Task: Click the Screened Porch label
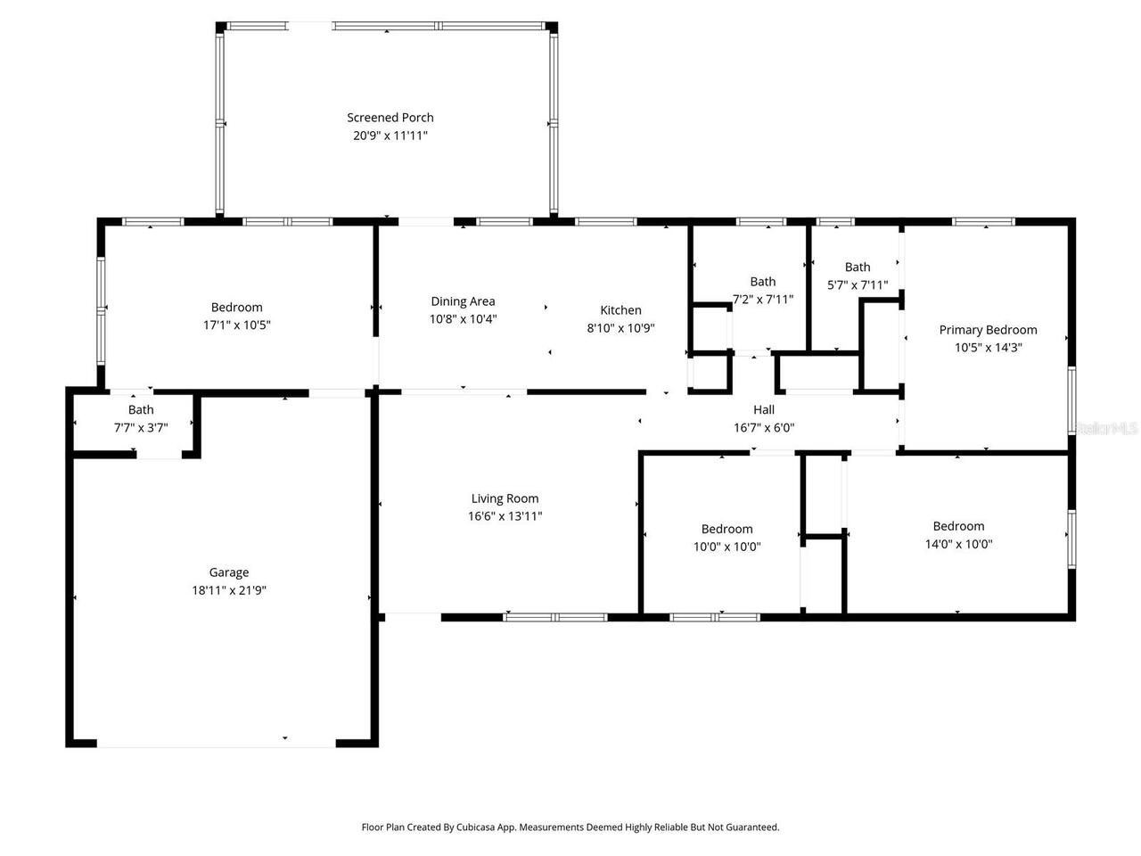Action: (x=390, y=118)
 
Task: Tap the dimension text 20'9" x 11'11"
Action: (x=390, y=136)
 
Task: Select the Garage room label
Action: (x=229, y=572)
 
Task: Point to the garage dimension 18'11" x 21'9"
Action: (x=229, y=590)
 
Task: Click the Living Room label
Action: (x=505, y=498)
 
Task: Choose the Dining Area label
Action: (x=463, y=301)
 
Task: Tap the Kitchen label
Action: (x=620, y=310)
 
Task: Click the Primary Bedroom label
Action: (x=988, y=330)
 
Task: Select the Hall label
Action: (x=764, y=410)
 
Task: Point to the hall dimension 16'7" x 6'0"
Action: (x=764, y=428)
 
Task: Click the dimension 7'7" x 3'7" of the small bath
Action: (x=141, y=428)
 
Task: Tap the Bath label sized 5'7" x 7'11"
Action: (x=858, y=267)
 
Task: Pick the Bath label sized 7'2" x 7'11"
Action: (x=763, y=282)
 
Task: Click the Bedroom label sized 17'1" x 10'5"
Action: (x=237, y=308)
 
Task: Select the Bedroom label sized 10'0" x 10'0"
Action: (x=727, y=529)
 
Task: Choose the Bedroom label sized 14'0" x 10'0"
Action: (x=959, y=526)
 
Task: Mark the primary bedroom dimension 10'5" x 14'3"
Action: (x=988, y=348)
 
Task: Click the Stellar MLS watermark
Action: (x=1106, y=428)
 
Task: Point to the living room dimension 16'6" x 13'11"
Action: (x=505, y=516)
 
